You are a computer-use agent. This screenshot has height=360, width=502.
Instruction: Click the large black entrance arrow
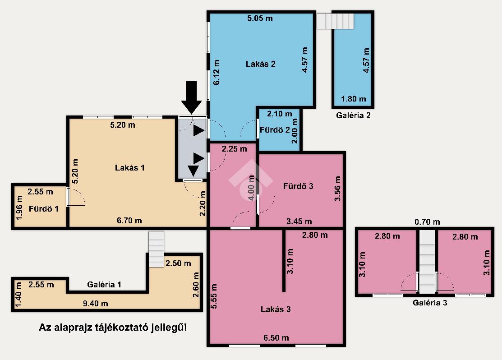(191, 97)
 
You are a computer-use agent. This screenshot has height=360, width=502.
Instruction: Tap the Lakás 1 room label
(129, 167)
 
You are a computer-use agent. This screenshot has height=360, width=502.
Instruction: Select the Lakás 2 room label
(261, 64)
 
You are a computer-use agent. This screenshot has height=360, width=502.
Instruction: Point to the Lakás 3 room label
(276, 309)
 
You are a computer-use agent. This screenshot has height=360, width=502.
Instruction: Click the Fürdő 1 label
(44, 209)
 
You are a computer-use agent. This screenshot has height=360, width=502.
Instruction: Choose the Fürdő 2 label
(275, 130)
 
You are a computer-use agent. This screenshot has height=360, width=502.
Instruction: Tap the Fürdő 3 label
(298, 186)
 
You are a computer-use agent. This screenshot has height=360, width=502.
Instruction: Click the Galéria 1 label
(104, 284)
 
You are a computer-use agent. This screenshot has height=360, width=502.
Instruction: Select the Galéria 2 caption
(353, 115)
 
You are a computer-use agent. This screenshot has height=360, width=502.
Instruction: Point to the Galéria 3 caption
(430, 303)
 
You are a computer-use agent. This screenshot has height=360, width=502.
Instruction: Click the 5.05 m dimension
(260, 18)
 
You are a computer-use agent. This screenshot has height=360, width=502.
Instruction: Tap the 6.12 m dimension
(217, 72)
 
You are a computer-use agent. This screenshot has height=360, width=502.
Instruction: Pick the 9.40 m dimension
(96, 303)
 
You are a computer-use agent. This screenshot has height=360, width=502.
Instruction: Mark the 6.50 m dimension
(276, 337)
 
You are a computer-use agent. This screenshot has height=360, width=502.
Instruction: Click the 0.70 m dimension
(427, 222)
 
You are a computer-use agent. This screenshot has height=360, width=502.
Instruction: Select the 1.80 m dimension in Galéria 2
(354, 99)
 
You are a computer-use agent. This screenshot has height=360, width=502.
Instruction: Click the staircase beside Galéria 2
(336, 21)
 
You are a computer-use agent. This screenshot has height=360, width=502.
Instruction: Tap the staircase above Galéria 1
(156, 249)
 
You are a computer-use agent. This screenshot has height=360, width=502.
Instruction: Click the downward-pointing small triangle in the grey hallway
(193, 171)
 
